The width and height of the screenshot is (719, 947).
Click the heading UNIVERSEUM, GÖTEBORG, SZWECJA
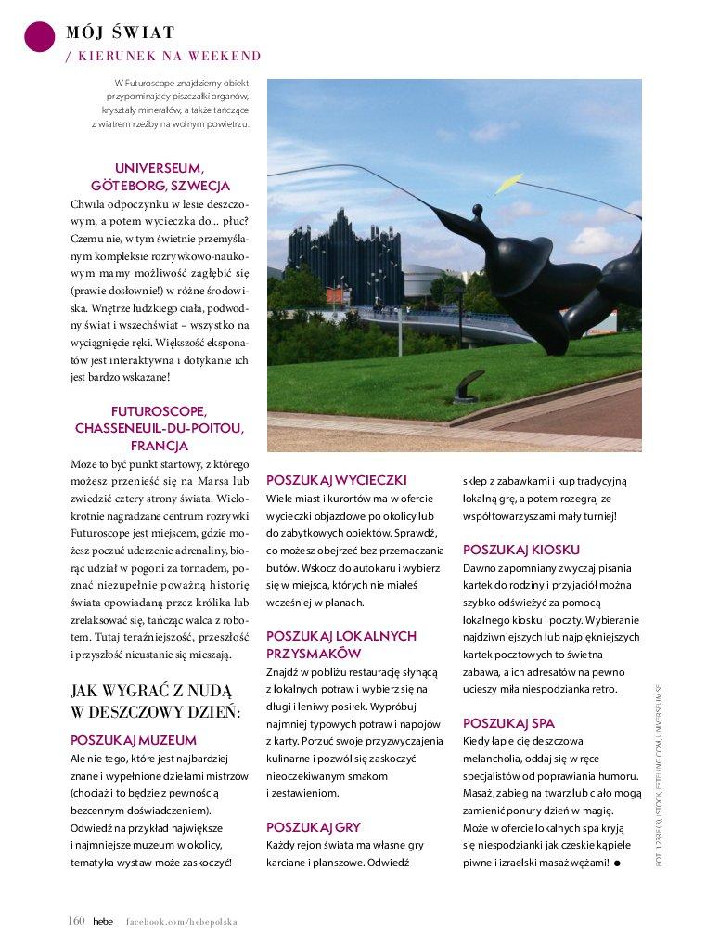click(159, 177)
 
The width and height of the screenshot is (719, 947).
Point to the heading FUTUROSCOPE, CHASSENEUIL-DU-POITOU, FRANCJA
click(159, 428)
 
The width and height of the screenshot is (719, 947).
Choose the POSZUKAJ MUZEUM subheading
click(134, 741)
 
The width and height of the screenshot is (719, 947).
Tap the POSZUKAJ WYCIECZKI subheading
click(337, 481)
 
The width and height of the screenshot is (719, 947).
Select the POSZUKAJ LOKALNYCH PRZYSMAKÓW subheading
click(341, 645)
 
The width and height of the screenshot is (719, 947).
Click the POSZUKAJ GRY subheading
click(314, 827)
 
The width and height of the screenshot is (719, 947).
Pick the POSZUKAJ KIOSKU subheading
click(521, 550)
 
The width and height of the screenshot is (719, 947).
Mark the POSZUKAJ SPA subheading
click(508, 723)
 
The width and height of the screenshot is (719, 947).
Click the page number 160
click(76, 921)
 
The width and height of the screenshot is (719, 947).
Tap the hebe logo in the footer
click(103, 921)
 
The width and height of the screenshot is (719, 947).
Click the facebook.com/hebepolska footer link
click(182, 922)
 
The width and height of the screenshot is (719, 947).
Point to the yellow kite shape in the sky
click(508, 183)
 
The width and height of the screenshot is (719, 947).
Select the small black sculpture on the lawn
click(468, 385)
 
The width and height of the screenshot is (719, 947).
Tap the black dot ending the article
click(617, 863)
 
